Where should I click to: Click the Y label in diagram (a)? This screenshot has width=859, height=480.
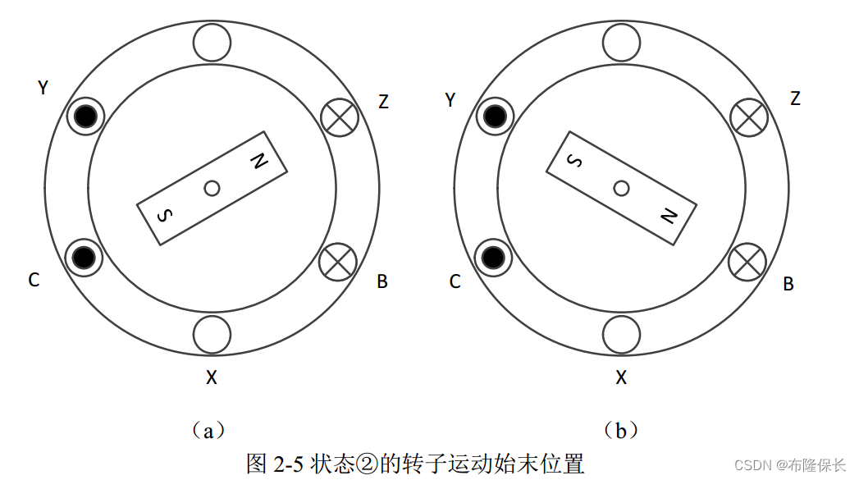pos(43,87)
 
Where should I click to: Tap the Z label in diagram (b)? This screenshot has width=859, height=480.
pos(794,98)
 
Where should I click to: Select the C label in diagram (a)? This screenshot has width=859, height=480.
pos(34,281)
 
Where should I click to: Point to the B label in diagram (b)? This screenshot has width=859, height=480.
pos(788,284)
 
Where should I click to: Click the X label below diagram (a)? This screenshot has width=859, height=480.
pos(212,377)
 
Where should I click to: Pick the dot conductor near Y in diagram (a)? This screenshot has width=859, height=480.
pos(83,117)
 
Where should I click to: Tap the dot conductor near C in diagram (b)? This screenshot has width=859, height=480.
pos(493,258)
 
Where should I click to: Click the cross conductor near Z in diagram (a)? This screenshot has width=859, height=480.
pos(339,117)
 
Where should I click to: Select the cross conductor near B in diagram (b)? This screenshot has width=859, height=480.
pos(747,263)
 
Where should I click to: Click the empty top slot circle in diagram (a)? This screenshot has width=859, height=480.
pos(212,42)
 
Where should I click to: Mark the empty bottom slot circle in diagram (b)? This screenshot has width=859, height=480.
pos(621,334)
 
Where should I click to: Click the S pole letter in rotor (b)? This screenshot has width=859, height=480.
pos(575,161)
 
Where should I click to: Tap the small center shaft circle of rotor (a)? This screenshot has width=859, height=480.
pos(212,188)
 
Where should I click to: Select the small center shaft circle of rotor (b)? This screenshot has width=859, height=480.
pos(621,188)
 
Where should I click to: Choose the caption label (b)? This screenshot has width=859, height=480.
pos(621,430)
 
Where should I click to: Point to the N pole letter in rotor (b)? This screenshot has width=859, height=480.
pos(668,215)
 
